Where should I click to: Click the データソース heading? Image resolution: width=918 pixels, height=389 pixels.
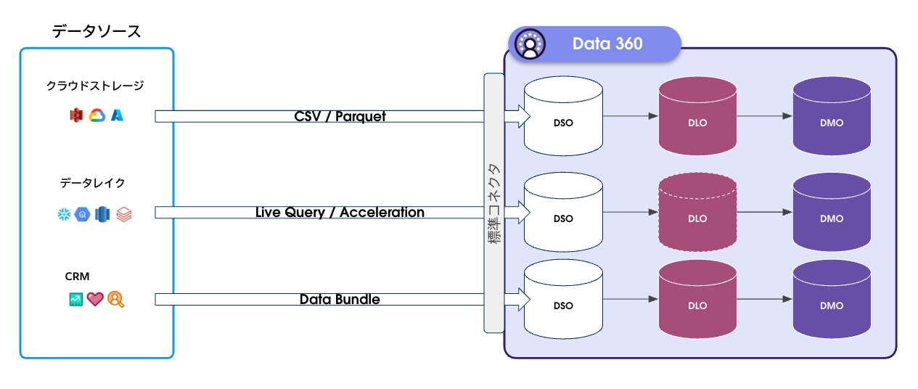[97, 31]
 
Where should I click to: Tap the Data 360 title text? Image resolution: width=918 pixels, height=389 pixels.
[607, 44]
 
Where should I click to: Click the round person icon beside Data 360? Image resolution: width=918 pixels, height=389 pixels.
[530, 44]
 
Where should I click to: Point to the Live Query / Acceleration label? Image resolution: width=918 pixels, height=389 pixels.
[340, 213]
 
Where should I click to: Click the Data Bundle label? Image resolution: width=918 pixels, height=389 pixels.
[340, 299]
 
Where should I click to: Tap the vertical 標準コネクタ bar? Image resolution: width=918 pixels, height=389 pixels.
[494, 203]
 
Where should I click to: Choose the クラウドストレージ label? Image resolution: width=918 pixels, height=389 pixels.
[95, 86]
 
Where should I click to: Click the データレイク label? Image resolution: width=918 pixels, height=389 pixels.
[87, 183]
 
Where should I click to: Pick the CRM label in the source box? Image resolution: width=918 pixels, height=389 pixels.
[77, 276]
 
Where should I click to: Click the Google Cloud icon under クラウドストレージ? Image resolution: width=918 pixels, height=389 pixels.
[97, 115]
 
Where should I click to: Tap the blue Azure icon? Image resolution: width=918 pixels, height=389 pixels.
[117, 115]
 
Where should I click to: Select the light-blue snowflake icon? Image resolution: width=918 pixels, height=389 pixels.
[64, 214]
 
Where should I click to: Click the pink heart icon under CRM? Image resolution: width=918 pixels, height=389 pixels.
[96, 299]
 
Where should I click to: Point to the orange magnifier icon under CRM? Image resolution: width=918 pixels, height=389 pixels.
[116, 299]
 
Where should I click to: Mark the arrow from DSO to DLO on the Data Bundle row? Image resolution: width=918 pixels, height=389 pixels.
[630, 299]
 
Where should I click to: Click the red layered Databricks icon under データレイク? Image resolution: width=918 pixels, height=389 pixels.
[124, 214]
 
